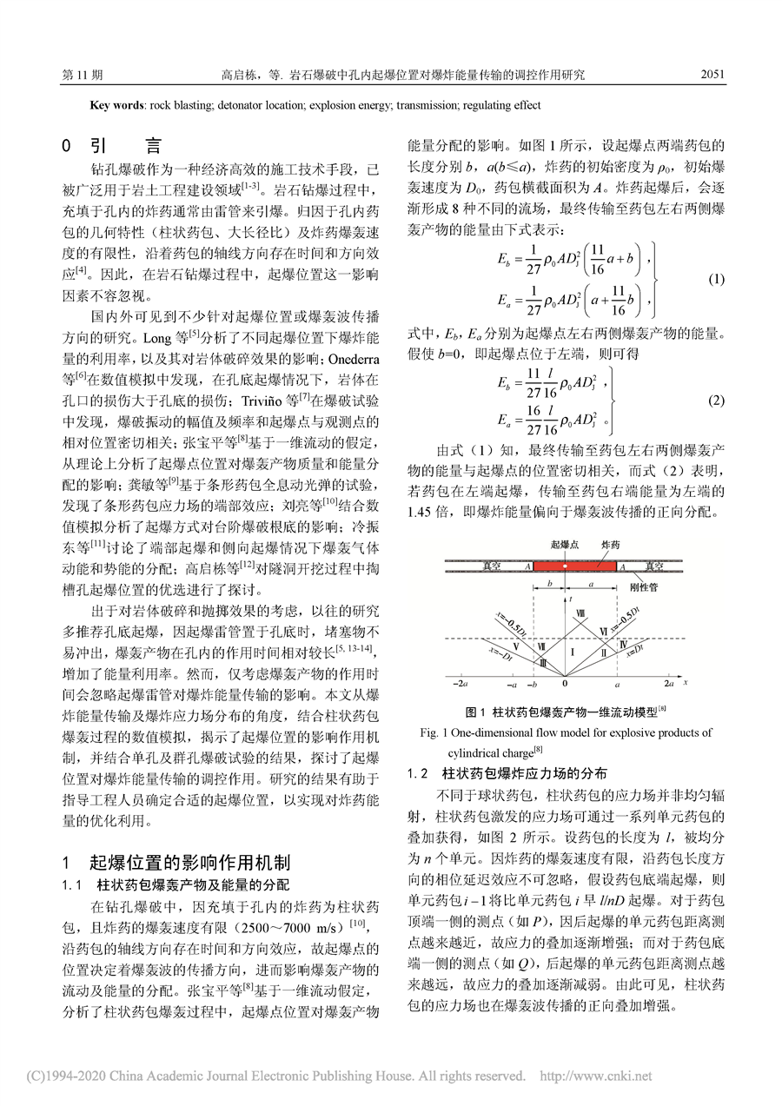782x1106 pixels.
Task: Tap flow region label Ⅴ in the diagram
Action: click(x=516, y=646)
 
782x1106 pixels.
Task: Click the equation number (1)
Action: click(x=717, y=280)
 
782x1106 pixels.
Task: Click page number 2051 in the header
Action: click(x=712, y=76)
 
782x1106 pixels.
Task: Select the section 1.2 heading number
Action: click(x=419, y=772)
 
